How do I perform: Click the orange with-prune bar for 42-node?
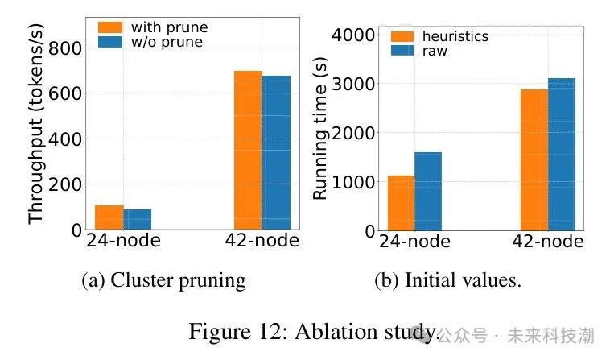(248, 151)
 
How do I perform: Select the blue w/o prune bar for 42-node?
(276, 153)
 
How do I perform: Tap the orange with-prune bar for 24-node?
(109, 217)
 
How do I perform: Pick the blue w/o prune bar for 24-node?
(138, 220)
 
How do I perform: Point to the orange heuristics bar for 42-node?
(534, 160)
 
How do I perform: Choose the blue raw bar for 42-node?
(562, 155)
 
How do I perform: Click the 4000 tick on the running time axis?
(359, 35)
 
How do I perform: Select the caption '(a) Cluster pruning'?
(163, 280)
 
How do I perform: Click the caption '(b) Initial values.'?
(447, 280)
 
